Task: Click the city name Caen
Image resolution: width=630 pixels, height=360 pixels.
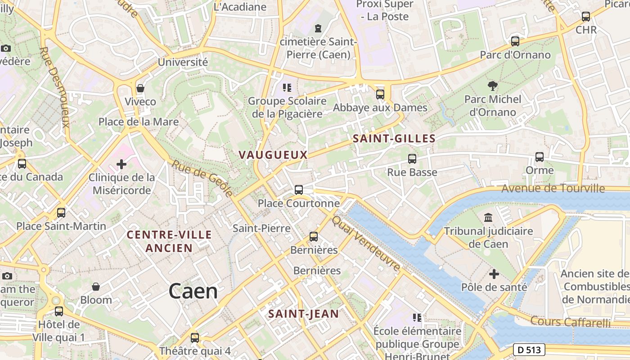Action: (193, 292)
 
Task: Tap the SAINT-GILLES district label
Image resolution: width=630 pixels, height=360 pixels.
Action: (394, 139)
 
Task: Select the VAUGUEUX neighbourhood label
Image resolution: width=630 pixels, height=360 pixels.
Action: (273, 155)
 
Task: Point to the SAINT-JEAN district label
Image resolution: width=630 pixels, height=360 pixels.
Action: (303, 314)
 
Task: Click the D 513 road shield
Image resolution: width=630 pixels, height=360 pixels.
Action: (529, 349)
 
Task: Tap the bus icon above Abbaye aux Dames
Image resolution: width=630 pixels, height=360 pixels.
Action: (380, 94)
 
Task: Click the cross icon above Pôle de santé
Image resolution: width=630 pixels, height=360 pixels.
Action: (494, 274)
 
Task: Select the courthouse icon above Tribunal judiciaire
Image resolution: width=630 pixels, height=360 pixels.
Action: (488, 218)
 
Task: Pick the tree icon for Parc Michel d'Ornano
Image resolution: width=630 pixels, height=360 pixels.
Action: (493, 85)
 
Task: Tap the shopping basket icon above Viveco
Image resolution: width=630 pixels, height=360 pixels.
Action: (140, 88)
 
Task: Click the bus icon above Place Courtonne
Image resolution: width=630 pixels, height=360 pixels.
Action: (299, 190)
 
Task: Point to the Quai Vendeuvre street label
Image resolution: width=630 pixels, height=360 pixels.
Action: (366, 243)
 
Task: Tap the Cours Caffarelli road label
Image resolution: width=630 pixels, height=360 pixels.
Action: (570, 322)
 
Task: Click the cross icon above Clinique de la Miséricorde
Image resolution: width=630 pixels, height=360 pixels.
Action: (121, 164)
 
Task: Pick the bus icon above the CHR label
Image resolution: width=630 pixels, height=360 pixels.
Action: (586, 17)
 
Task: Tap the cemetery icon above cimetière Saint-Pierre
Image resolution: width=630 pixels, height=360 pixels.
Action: (319, 28)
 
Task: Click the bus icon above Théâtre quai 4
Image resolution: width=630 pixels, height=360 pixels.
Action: (195, 337)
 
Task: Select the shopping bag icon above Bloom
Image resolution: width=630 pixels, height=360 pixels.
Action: (96, 287)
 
